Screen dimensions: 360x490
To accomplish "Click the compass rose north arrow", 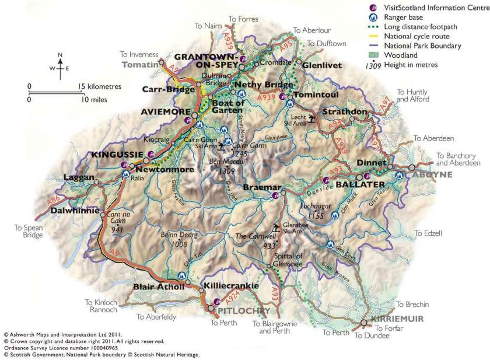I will [x=60, y=59].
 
